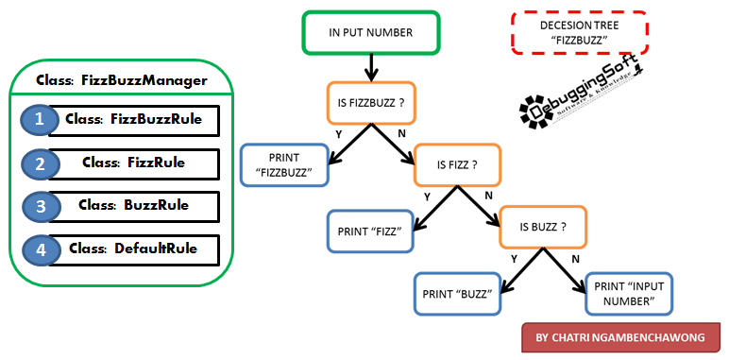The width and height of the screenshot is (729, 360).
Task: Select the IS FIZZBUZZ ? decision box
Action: pyautogui.click(x=371, y=103)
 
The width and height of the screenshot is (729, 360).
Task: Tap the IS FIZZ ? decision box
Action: pyautogui.click(x=456, y=163)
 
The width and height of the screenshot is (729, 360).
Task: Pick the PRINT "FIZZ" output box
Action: pyautogui.click(x=371, y=230)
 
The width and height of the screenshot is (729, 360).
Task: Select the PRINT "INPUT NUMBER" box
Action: pyautogui.click(x=629, y=293)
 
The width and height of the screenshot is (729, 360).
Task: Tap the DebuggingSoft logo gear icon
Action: pyautogui.click(x=534, y=111)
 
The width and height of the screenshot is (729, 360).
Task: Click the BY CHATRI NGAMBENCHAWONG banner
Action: pyautogui.click(x=619, y=337)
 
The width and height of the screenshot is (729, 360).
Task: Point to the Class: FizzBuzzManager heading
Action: pyautogui.click(x=120, y=80)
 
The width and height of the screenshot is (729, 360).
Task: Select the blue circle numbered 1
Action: pyautogui.click(x=39, y=120)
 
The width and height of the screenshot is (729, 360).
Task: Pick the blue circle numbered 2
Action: pyautogui.click(x=39, y=163)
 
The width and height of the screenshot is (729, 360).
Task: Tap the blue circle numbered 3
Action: pyautogui.click(x=39, y=206)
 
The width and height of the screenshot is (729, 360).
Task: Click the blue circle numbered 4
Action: pyautogui.click(x=39, y=249)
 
